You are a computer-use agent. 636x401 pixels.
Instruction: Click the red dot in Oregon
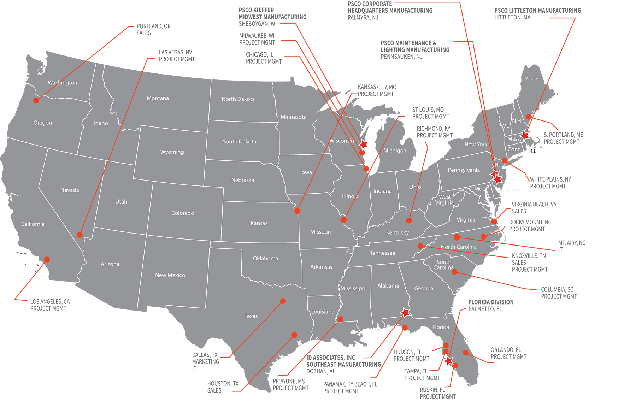(x=36, y=100)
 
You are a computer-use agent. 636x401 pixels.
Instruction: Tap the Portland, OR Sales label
(x=153, y=30)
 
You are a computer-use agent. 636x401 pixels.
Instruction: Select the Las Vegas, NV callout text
(x=177, y=56)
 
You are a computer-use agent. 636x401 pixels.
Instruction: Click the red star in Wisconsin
(x=364, y=145)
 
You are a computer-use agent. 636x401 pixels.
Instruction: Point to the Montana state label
(x=158, y=98)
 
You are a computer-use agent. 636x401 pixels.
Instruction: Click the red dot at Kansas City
(x=297, y=211)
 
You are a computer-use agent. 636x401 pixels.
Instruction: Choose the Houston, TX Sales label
(x=223, y=387)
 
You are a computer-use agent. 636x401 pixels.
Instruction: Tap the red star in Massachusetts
(x=525, y=135)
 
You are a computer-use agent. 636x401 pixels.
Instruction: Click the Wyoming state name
(x=172, y=152)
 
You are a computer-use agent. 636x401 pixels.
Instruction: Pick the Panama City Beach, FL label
(x=350, y=388)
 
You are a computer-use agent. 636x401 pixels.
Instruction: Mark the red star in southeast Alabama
(x=405, y=312)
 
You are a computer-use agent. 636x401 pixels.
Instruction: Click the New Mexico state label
(x=170, y=275)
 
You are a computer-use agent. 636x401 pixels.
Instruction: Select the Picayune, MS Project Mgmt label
(x=290, y=385)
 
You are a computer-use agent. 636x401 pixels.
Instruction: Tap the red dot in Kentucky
(x=409, y=220)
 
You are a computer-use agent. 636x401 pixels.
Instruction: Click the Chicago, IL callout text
(x=264, y=58)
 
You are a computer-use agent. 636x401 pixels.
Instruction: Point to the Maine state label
(x=530, y=79)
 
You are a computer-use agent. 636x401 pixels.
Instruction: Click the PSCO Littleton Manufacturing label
(x=537, y=14)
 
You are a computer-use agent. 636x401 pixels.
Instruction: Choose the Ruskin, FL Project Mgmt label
(x=437, y=393)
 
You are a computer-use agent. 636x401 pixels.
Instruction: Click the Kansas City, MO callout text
(x=377, y=90)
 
